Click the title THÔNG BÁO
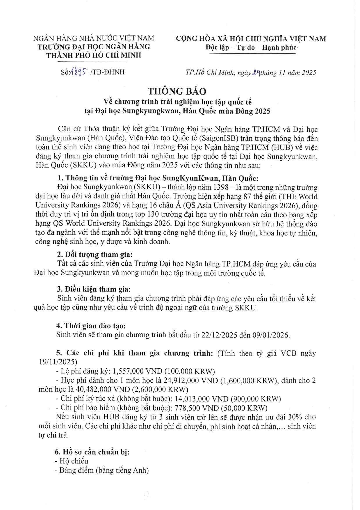click(x=177, y=91)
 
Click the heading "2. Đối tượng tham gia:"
click(x=95, y=255)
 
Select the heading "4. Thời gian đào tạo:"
click(x=91, y=326)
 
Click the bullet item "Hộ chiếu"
click(x=74, y=461)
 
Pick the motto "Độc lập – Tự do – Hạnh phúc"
click(x=251, y=47)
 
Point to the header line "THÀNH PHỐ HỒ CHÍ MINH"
click(x=94, y=55)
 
